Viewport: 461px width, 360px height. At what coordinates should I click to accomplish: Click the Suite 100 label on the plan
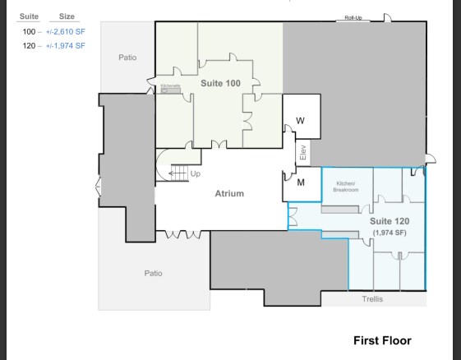pos(220,83)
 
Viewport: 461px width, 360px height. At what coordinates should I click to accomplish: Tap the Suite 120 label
pos(390,222)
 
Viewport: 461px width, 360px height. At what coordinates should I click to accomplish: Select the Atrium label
pos(229,194)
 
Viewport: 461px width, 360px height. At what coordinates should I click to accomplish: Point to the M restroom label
pos(301,182)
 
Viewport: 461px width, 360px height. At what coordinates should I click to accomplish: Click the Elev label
pos(302,153)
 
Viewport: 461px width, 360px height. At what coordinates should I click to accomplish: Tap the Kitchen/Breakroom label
pos(345,187)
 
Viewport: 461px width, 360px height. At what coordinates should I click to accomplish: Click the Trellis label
pos(372,299)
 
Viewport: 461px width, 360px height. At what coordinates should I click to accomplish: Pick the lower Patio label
pos(153,273)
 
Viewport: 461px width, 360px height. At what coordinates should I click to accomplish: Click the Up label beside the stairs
pos(195,173)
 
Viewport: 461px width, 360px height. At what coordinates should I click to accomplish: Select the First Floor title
pos(382,340)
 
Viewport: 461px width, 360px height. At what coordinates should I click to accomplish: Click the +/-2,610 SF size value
pos(65,30)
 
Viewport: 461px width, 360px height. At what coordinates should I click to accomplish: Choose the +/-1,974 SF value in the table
pos(65,45)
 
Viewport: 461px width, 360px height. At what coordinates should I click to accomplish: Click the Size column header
pos(67,16)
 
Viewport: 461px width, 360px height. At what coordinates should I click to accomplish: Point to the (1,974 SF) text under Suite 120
pos(390,233)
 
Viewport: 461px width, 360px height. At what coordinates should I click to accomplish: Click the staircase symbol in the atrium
pos(178,172)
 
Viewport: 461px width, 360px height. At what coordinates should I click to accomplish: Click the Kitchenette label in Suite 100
pos(170,85)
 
